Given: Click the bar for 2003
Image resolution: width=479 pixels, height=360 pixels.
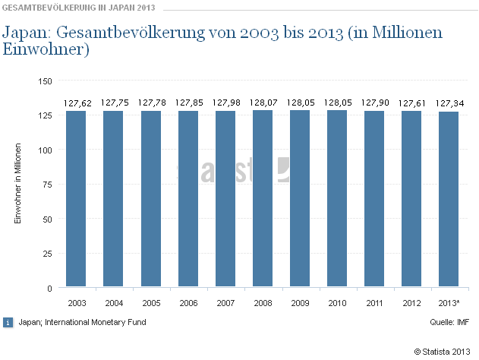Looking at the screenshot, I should point(76,199).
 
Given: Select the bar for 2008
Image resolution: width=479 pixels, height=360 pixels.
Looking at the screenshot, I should point(262,199).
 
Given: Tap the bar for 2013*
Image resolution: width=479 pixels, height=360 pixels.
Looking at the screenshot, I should point(448,200).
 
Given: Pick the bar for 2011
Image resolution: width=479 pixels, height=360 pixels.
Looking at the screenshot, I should point(373,199).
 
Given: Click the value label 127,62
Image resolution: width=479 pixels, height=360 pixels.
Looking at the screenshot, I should point(76,103).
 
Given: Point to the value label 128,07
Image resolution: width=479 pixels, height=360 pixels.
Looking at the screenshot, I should point(262,103).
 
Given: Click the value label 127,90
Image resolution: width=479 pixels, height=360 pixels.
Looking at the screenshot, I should point(373,103).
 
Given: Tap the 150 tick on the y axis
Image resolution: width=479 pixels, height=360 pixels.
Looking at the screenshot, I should point(45,81).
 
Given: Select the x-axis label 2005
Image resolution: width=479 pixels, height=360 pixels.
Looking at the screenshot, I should point(150,304).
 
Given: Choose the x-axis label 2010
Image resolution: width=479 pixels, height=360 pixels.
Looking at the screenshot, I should point(336,304).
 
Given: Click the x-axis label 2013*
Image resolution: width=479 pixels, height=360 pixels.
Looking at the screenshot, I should point(448,304).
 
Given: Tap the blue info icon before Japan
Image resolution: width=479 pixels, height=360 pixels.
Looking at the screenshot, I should point(8,322).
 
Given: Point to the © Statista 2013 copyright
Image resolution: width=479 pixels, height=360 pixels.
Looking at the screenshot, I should point(443,350).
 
